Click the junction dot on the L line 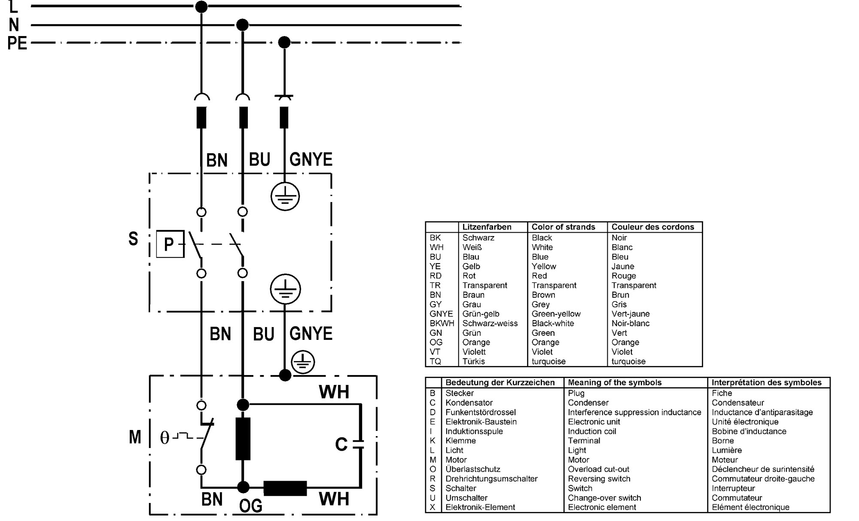tap(201, 6)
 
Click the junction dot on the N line tap(243, 25)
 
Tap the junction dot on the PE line tap(284, 42)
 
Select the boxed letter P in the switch tap(170, 244)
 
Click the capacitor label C tap(341, 445)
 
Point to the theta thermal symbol tap(164, 438)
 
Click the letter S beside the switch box tap(133, 239)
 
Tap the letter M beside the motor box tap(135, 437)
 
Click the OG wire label tap(251, 506)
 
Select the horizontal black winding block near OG tap(285, 488)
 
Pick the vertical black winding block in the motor tap(243, 439)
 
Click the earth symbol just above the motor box tap(303, 362)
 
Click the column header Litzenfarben tap(487, 227)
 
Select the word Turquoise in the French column tap(628, 361)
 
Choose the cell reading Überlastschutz tap(473, 469)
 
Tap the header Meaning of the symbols tap(615, 382)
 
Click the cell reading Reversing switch tap(599, 479)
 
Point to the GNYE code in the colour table tap(441, 314)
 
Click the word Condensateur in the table tap(737, 403)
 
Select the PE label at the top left tap(17, 43)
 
